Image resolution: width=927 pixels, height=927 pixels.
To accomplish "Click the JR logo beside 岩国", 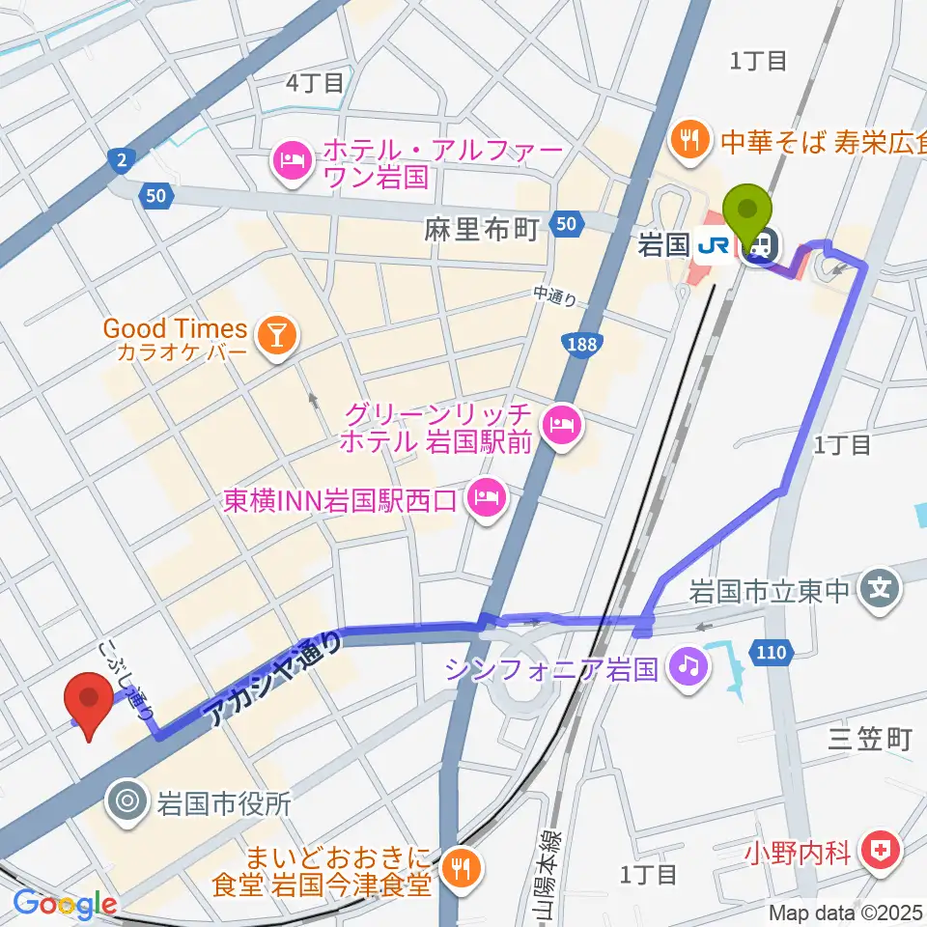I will [713, 248].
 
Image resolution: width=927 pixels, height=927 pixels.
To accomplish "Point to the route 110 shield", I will [771, 654].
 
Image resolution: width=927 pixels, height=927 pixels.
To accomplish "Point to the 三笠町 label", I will [869, 740].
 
